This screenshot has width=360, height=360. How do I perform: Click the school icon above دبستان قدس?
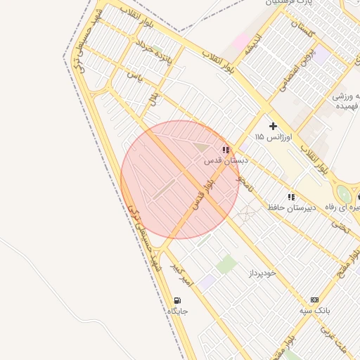click(226, 150)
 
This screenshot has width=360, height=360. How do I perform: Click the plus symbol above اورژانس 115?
click(274, 126)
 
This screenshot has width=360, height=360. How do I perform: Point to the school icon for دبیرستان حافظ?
click(290, 197)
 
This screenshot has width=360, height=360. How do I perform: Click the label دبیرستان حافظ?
click(290, 208)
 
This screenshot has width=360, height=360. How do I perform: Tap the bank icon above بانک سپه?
click(314, 300)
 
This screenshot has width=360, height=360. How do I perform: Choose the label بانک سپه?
click(314, 310)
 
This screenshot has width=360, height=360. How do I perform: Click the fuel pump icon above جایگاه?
click(175, 300)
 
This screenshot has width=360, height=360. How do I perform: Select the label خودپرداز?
click(262, 272)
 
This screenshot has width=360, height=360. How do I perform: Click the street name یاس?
click(134, 75)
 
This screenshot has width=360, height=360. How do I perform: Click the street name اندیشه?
click(253, 44)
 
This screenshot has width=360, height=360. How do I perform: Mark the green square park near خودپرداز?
click(226, 264)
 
